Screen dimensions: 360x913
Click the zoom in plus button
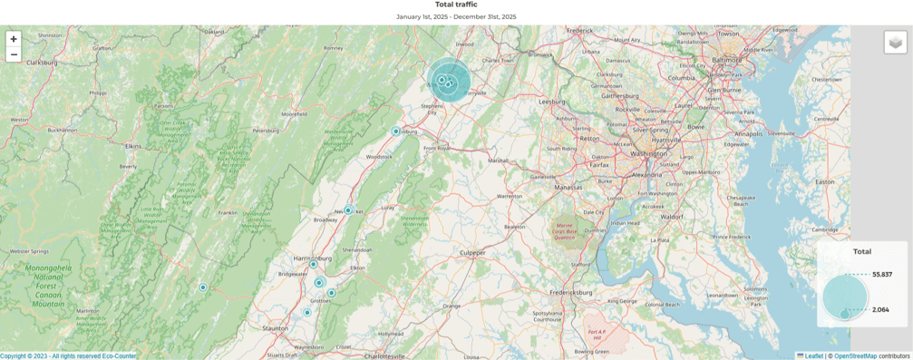pos(14,39)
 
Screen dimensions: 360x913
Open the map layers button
pos(895,42)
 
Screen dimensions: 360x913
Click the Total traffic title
pos(456,5)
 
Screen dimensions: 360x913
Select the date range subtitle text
pos(456,16)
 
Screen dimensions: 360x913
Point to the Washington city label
pos(648,153)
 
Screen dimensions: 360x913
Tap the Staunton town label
pos(275,328)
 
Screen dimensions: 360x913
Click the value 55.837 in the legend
pos(882,274)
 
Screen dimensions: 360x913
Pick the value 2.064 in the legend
pos(880,309)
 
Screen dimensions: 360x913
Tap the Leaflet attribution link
pos(813,355)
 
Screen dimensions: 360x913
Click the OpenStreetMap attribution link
pos(855,355)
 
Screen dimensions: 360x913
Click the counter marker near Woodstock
pos(395,131)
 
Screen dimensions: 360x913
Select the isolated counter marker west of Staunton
pos(203,287)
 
